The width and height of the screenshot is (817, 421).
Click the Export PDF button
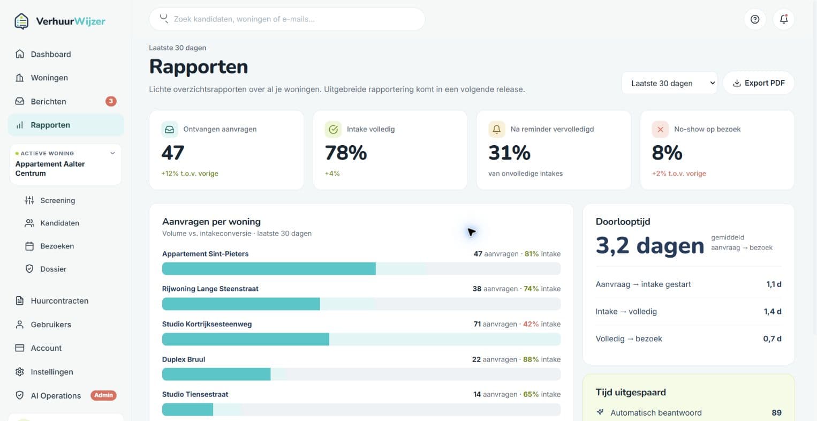pos(759,83)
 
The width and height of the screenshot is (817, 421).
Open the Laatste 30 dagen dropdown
pos(669,83)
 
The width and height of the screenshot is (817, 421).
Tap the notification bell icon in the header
pos(783,19)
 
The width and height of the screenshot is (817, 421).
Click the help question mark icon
pos(755,19)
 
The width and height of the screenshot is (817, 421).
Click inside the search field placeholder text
pos(244,19)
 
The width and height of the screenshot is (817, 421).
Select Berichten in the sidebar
pos(48,101)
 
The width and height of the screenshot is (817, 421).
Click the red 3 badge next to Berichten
pos(111,101)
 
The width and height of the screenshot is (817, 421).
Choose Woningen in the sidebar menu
pos(49,78)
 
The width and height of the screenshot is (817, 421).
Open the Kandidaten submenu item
pos(59,223)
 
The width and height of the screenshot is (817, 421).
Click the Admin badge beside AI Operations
pos(103,395)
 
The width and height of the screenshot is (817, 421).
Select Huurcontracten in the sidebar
pos(59,300)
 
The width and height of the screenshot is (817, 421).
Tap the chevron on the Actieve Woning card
pos(113,153)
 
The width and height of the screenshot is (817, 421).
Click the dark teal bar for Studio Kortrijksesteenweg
pos(245,339)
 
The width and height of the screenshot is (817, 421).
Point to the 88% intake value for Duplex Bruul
pos(531,359)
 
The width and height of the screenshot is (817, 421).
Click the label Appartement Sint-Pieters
pos(206,254)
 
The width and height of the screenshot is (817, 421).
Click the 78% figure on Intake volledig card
pos(346,153)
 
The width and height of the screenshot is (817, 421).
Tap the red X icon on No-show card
pos(660,129)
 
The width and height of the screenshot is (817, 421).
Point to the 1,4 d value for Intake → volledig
pos(773,312)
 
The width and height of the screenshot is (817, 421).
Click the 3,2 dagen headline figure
pos(649,245)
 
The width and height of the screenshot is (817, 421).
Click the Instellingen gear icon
pos(20,372)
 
